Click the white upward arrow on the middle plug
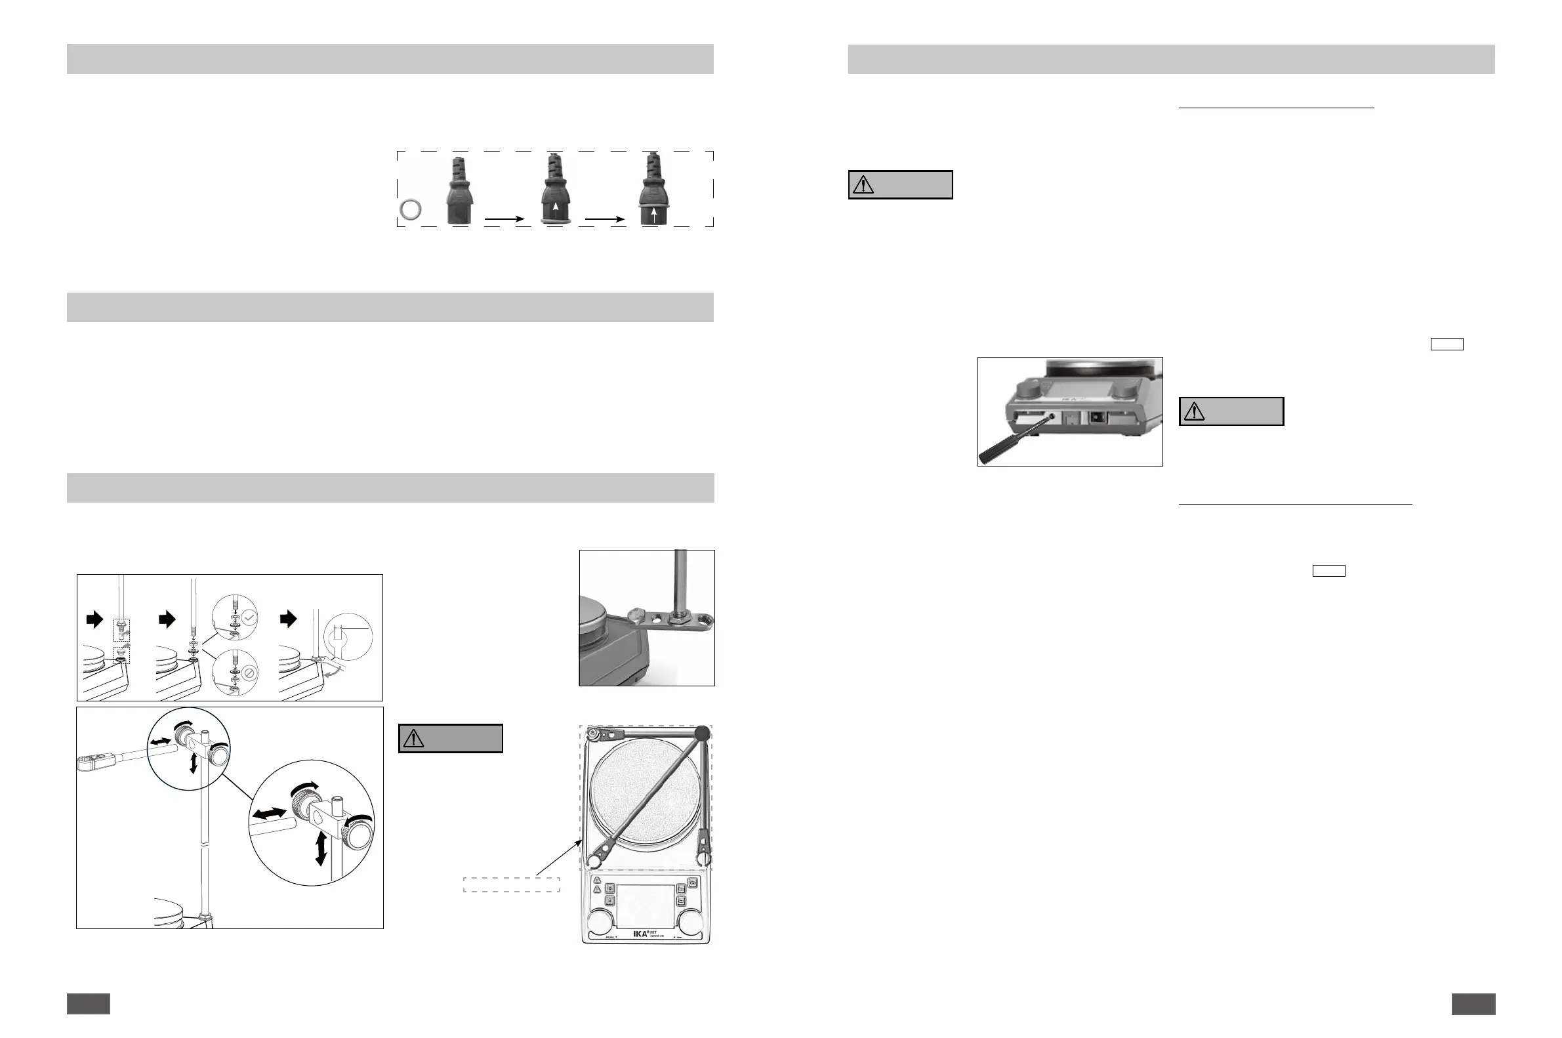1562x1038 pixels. (x=555, y=207)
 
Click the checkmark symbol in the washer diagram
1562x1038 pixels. (x=249, y=617)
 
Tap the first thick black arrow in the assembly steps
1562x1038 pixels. (x=95, y=619)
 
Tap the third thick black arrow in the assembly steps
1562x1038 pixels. (x=289, y=619)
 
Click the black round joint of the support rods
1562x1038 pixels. (x=702, y=734)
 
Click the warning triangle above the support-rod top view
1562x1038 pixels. (x=414, y=739)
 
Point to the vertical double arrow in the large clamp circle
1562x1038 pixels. (x=321, y=848)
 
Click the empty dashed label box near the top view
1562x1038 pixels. (x=512, y=884)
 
